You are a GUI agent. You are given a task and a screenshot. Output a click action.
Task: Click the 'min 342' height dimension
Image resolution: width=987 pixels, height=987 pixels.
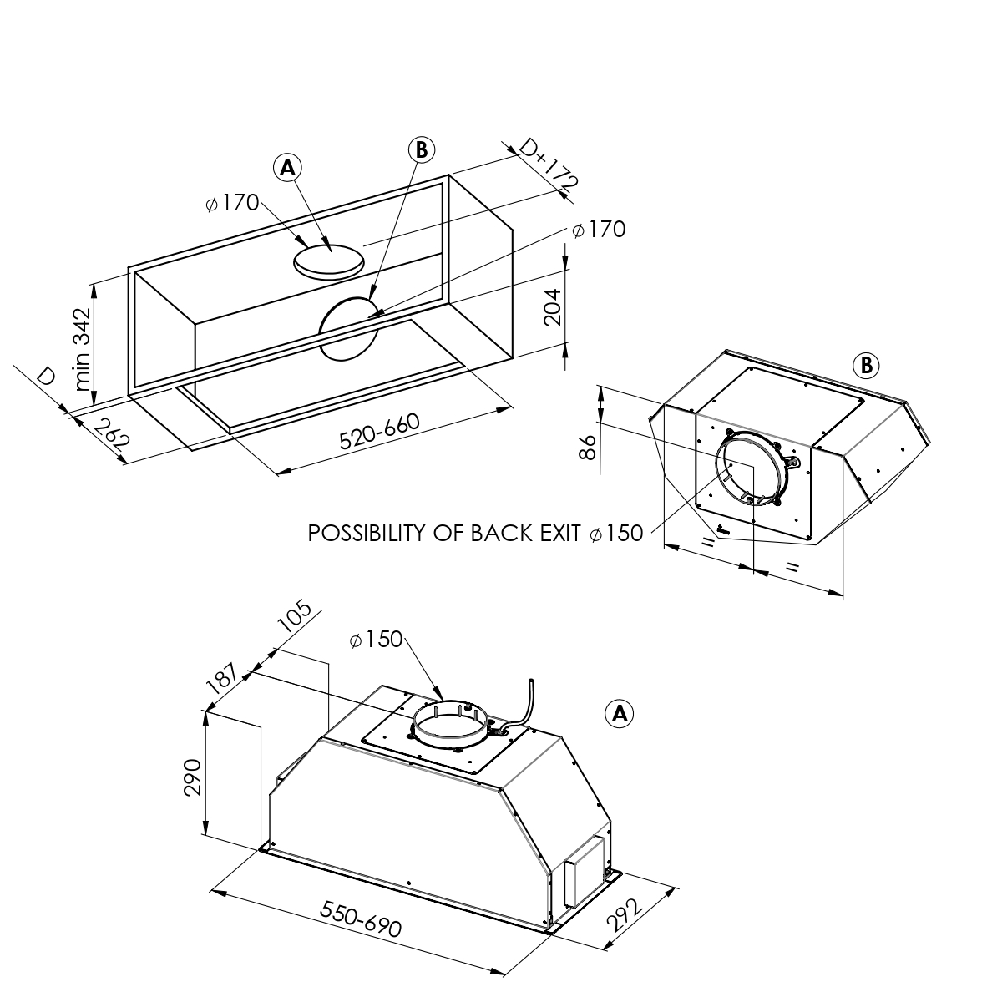[x=84, y=349]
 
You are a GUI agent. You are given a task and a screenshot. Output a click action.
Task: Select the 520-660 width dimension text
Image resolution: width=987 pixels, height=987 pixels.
[x=380, y=431]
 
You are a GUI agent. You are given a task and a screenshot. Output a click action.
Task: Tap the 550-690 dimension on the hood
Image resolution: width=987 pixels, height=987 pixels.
[x=361, y=919]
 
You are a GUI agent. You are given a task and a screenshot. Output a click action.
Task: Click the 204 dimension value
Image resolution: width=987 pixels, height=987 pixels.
[x=552, y=307]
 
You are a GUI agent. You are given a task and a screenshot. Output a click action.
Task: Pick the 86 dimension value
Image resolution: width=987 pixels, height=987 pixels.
[x=587, y=447]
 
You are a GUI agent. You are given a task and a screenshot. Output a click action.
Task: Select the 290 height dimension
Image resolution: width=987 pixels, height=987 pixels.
[x=193, y=777]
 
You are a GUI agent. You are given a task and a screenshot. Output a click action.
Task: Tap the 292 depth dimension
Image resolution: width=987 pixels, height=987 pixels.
[x=625, y=914]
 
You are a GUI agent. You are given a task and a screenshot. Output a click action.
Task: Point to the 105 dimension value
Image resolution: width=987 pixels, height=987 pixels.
[x=295, y=618]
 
